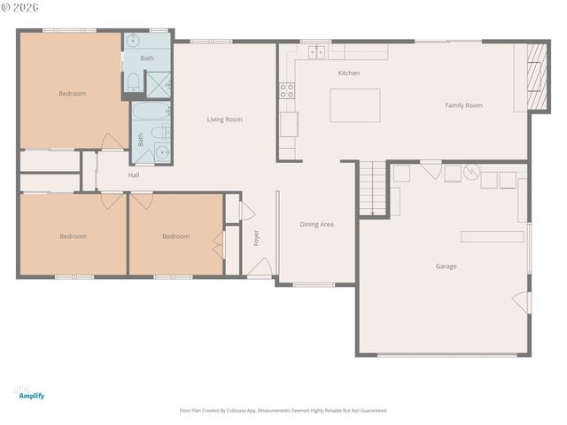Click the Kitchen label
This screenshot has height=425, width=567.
(348, 73)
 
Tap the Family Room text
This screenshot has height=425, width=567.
(463, 105)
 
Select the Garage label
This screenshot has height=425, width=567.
(446, 266)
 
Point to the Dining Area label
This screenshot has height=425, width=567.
(316, 224)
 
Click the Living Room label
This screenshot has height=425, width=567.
(224, 119)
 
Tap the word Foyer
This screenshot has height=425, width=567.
(257, 237)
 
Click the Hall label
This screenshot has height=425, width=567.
(134, 174)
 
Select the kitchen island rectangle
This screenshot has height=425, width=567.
(354, 105)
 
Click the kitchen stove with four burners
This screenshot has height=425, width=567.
(287, 89)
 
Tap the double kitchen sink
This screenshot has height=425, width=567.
(316, 53)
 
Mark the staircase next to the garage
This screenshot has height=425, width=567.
(373, 189)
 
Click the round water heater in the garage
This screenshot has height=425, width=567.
(473, 172)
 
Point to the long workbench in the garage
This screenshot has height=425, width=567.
(492, 236)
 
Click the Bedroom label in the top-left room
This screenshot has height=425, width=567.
(72, 93)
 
